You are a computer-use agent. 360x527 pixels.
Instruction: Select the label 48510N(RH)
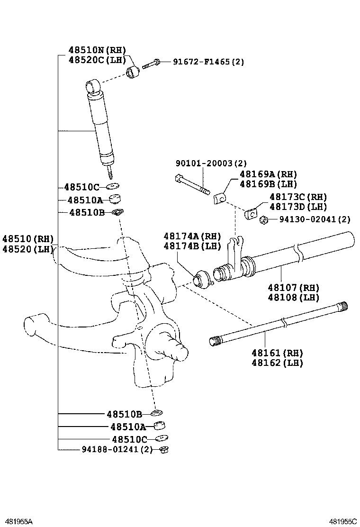(x=97, y=50)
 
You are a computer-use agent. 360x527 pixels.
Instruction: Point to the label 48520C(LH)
(x=97, y=60)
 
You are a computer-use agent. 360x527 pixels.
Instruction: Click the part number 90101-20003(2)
(x=211, y=163)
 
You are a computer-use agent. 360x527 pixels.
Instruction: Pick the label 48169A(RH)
(x=269, y=174)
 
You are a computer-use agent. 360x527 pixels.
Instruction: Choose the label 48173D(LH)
(x=298, y=207)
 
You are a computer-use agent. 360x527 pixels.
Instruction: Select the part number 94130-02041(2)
(x=315, y=219)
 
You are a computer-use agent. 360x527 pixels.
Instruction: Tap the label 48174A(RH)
(x=192, y=236)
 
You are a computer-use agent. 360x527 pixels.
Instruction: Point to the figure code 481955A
(x=16, y=521)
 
